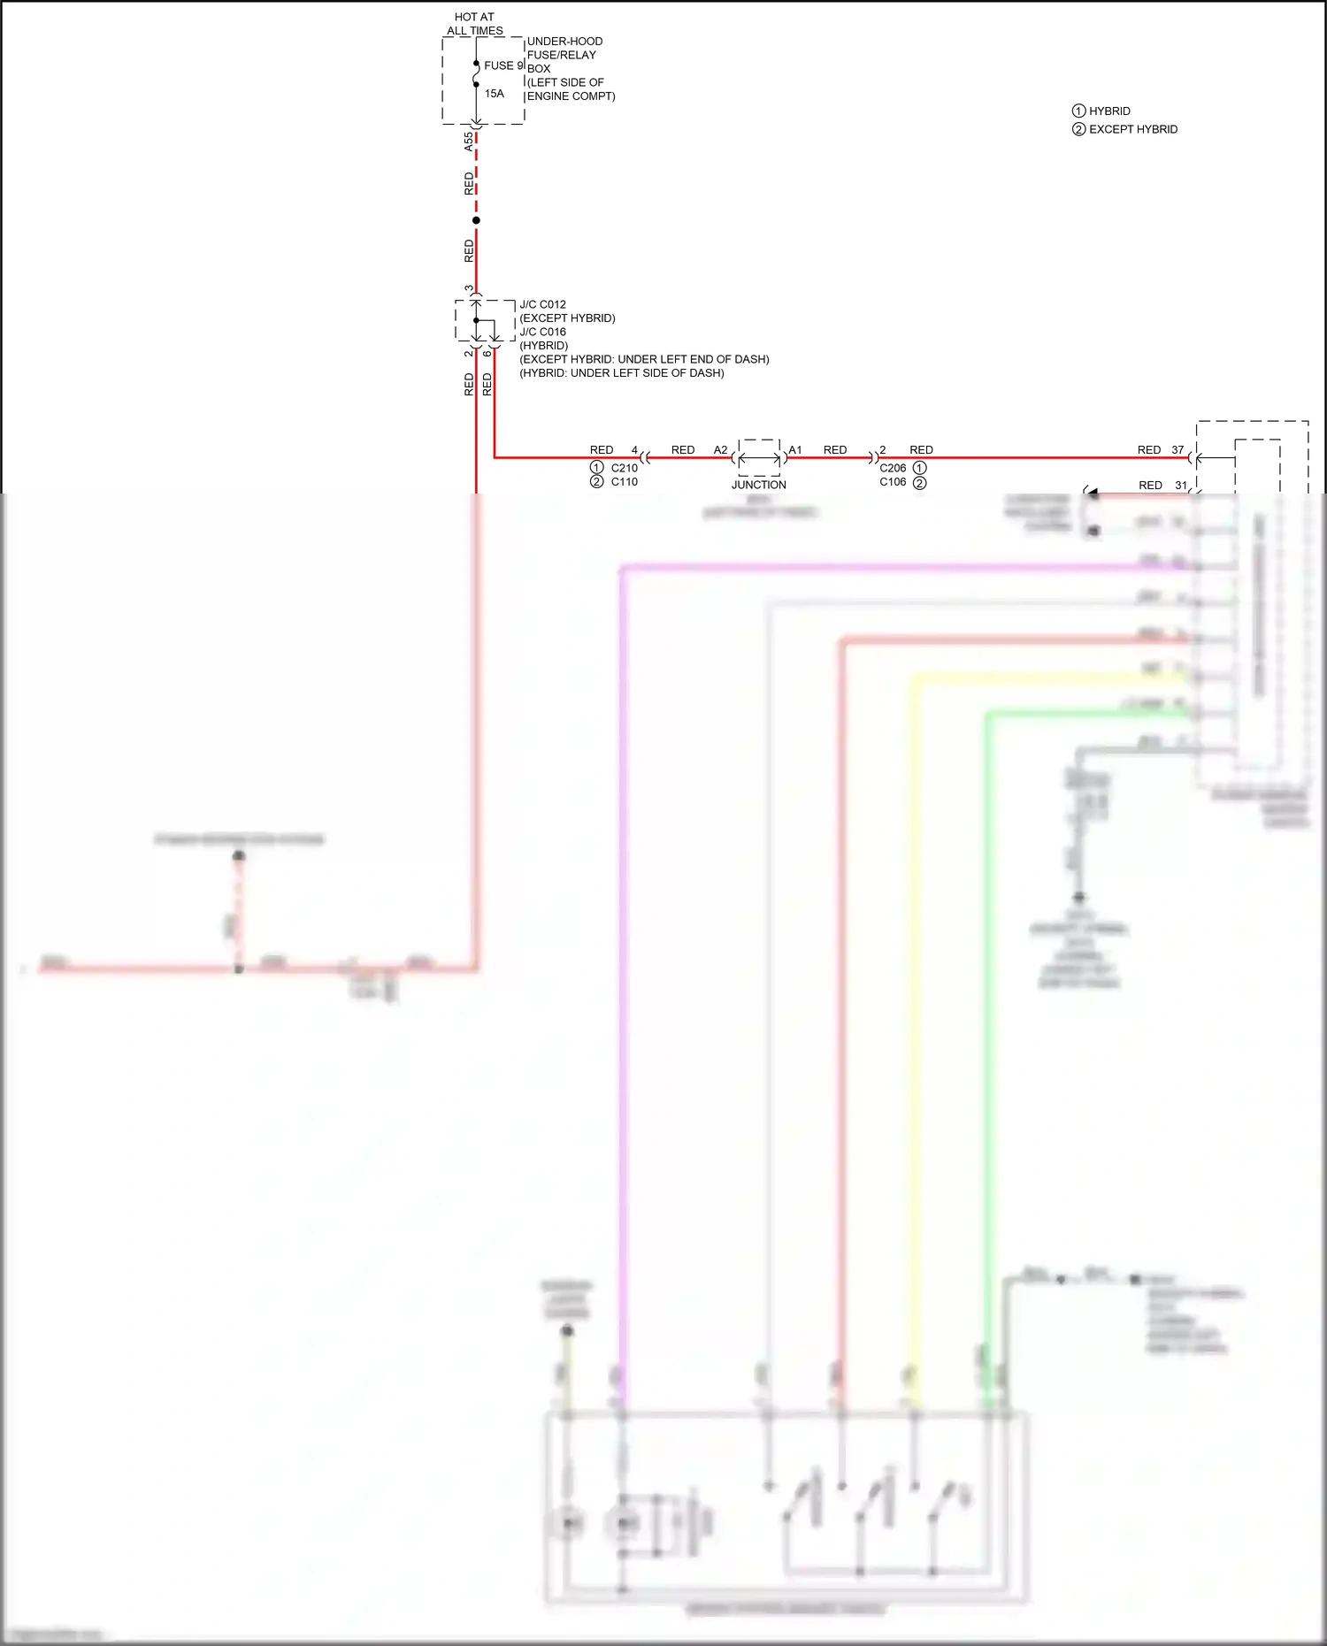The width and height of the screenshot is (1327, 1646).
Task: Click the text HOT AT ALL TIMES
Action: click(x=474, y=24)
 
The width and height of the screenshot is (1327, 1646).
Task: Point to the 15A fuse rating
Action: click(x=494, y=94)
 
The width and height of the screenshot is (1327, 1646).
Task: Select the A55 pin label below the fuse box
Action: click(x=469, y=142)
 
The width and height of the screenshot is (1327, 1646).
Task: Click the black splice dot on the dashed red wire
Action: click(x=476, y=220)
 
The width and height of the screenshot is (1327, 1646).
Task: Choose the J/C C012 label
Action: click(x=542, y=304)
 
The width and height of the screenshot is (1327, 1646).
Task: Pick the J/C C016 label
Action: click(x=542, y=332)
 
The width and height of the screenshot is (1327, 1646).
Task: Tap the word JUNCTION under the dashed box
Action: click(x=758, y=485)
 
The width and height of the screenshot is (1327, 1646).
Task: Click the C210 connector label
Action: click(x=624, y=468)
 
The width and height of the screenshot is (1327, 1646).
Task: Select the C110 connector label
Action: click(x=624, y=482)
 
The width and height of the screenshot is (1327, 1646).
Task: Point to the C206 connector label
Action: click(x=893, y=468)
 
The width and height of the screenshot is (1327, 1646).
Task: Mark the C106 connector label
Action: click(x=893, y=482)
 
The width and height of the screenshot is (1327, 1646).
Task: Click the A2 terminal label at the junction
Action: click(x=720, y=450)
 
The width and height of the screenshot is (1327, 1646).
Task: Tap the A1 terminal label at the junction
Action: click(x=795, y=450)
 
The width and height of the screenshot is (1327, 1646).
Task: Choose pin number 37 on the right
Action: click(x=1177, y=450)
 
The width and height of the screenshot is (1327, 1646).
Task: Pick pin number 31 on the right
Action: click(x=1181, y=486)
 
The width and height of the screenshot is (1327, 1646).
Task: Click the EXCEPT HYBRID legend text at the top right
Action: click(x=1132, y=129)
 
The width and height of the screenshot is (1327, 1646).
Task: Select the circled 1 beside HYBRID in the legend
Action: click(x=1078, y=111)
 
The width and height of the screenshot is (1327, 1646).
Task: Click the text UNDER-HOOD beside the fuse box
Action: click(x=564, y=42)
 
